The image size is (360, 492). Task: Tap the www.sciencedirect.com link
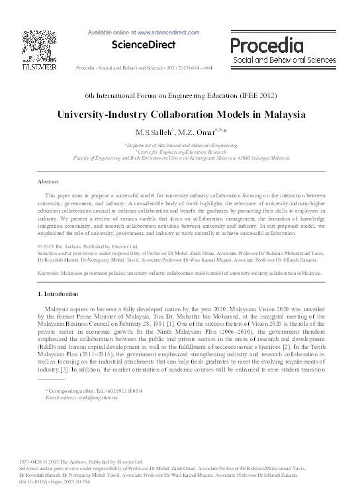click(169, 31)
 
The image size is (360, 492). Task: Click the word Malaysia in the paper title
click(285, 113)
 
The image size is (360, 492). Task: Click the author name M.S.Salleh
click(154, 132)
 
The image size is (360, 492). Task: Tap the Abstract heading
click(48, 181)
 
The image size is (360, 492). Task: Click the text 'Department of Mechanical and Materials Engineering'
click(181, 144)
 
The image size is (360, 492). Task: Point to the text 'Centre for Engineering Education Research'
click(181, 151)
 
